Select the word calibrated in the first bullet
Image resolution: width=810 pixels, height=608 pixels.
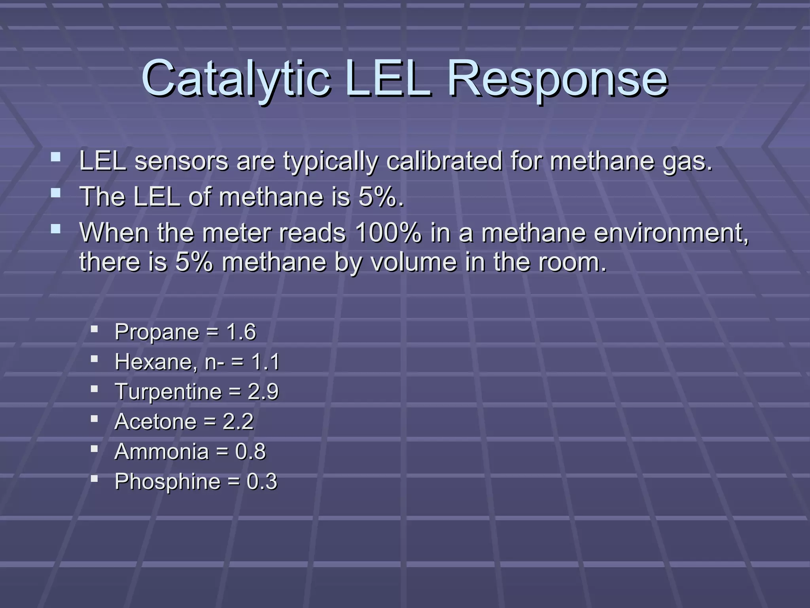point(444,161)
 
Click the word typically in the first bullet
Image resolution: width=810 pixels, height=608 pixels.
point(330,161)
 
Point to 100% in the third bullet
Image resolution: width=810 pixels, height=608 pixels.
point(388,233)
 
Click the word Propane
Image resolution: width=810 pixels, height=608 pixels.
point(157,332)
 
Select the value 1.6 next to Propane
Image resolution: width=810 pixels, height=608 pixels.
point(241,332)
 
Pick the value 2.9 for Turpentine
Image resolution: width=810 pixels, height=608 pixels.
point(263,391)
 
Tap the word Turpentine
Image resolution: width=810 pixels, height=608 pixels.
point(168,391)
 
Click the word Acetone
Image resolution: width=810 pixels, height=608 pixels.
point(155,422)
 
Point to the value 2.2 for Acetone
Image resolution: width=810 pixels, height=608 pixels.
point(238,422)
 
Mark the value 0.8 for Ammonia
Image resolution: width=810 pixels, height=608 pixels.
point(250,452)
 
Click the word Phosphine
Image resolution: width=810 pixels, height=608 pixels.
point(167,482)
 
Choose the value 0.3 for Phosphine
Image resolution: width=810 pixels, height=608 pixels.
point(262,482)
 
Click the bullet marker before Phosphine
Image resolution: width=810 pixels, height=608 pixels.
point(94,479)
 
